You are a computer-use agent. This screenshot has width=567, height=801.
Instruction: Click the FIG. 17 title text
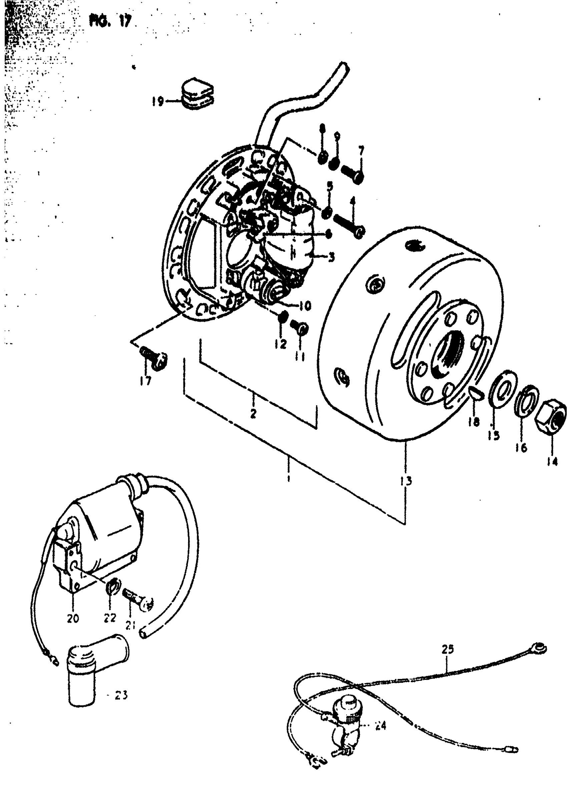point(110,22)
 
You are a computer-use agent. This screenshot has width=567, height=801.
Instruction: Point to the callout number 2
point(253,413)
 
